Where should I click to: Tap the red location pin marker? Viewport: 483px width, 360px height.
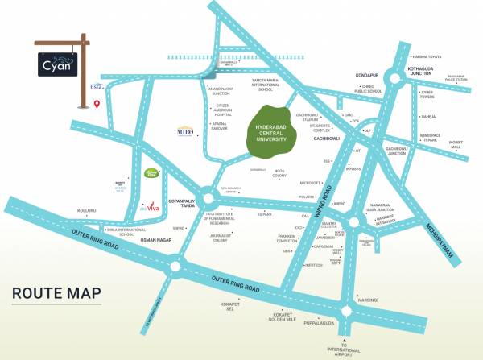point(97,104)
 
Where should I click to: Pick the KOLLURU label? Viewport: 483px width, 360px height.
point(86,211)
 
